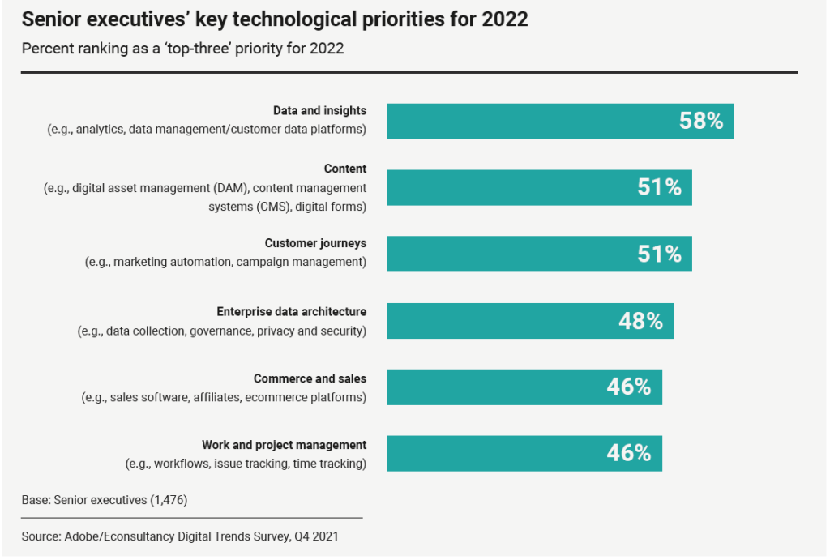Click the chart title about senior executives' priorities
click(275, 19)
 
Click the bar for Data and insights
click(527, 122)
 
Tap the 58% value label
click(700, 122)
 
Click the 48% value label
click(640, 321)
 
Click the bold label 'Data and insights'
click(319, 111)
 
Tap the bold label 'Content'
click(345, 169)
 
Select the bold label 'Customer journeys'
click(315, 244)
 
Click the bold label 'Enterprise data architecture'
click(291, 312)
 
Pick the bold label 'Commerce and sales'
click(310, 379)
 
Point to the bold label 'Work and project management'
click(284, 445)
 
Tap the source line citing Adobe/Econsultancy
click(179, 536)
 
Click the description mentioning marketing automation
click(225, 262)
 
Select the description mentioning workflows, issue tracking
click(246, 464)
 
